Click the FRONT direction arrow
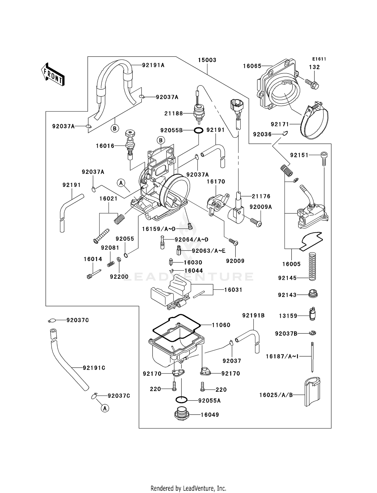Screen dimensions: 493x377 pos(53,75)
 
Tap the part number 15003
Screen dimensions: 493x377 pos(207,60)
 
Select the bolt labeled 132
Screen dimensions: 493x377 pos(312,84)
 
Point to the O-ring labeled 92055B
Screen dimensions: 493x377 pos(198,130)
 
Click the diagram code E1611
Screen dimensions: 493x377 pos(319,59)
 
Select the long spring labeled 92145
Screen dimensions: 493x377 pos(312,267)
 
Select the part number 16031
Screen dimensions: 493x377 pos(233,290)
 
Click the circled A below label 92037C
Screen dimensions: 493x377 pos(105,408)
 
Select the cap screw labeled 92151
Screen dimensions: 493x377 pos(324,158)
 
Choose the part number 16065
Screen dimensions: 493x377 pos(252,66)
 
